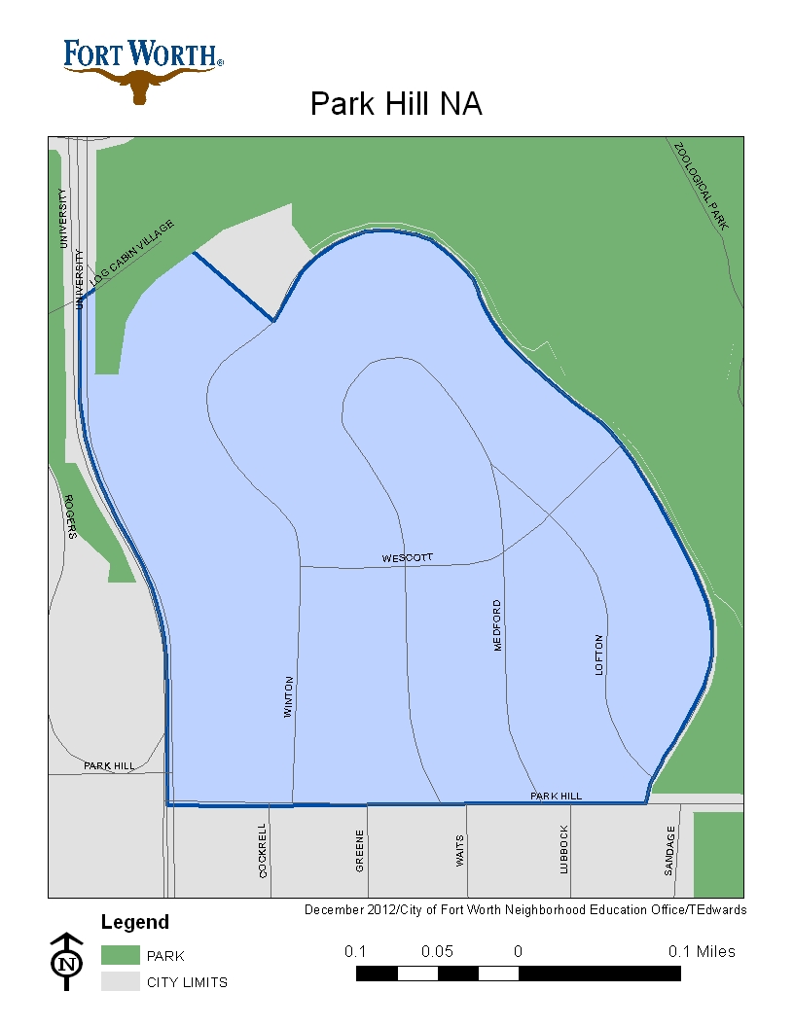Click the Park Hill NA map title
396,104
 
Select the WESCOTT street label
407,558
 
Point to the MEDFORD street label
497,625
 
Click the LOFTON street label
599,655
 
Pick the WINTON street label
288,696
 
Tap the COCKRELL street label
263,851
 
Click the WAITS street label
460,851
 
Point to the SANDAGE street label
669,851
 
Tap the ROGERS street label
69,515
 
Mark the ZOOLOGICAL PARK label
702,185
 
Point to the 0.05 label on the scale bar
437,951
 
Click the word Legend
135,922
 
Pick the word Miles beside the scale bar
715,951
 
